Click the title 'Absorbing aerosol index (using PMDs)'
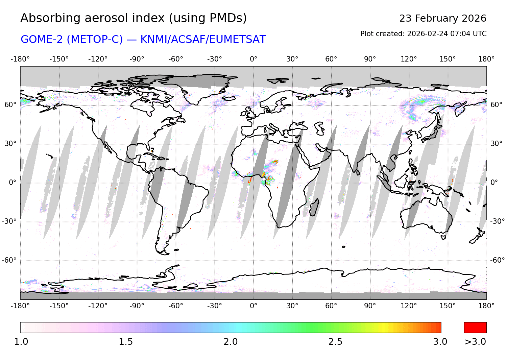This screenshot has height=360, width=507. coord(134,18)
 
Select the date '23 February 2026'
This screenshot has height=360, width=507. coord(442,18)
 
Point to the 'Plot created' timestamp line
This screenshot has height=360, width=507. coord(423,34)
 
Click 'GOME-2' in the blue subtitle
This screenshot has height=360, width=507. coord(42,40)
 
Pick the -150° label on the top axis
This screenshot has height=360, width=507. coord(59,59)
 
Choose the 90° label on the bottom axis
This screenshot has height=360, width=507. coord(370,306)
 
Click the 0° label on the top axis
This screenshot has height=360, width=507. coord(254,59)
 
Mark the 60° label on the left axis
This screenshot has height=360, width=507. coord(10,105)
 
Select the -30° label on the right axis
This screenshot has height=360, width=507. coord(498,221)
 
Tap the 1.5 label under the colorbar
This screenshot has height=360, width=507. coord(125,342)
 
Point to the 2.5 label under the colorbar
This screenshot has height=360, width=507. coord(335,342)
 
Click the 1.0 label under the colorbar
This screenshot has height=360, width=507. coord(21,342)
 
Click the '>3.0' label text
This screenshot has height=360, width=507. coord(475,342)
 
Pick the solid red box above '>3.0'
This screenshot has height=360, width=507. coord(475,328)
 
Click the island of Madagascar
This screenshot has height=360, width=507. coord(314,207)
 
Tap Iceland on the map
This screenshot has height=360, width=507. coord(229,98)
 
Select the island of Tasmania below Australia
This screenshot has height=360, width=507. coord(443,237)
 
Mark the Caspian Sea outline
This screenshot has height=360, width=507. coord(319,128)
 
